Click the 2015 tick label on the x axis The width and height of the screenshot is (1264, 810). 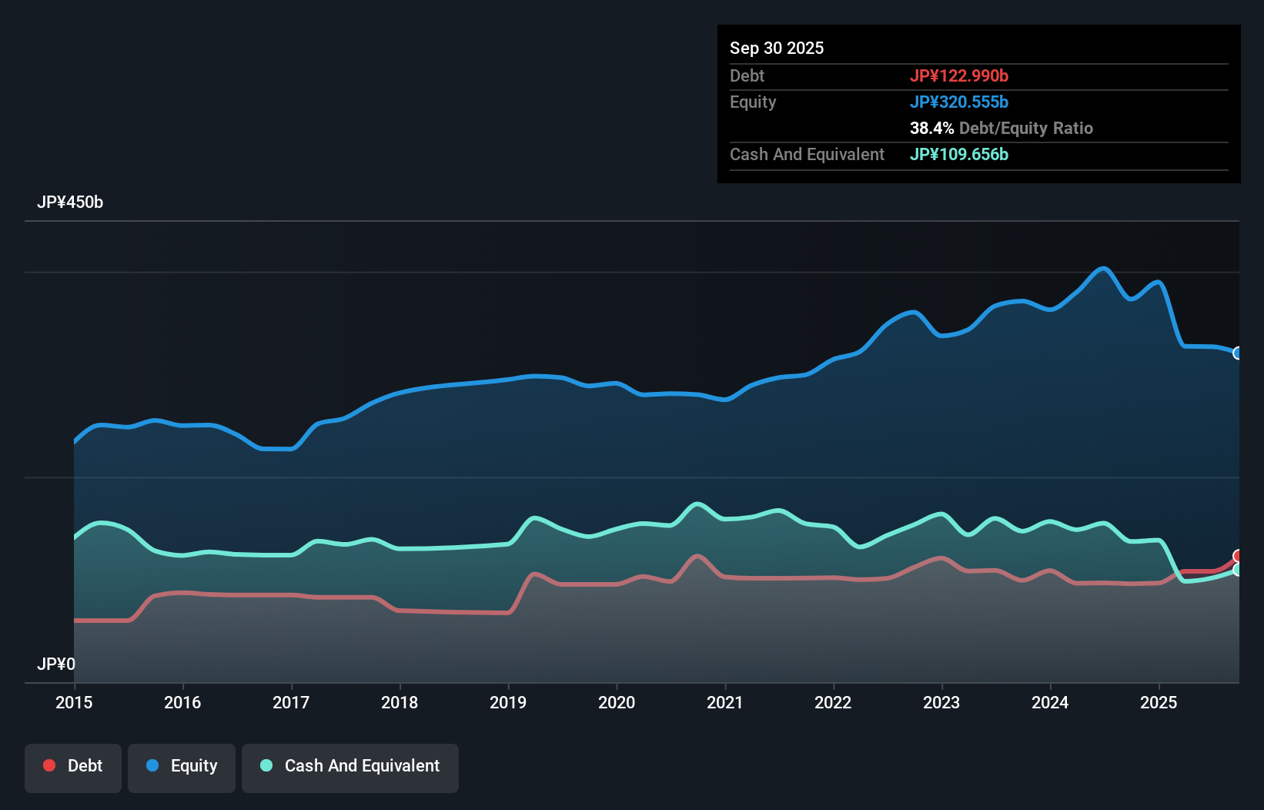[x=74, y=702]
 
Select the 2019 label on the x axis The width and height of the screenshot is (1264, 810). [x=508, y=702]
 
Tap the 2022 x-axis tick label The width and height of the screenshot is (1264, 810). [x=833, y=702]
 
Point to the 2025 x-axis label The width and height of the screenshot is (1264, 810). [x=1159, y=702]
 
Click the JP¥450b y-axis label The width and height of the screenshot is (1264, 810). [x=70, y=202]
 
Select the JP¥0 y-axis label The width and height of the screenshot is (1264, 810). [x=56, y=664]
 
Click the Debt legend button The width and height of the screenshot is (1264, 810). [x=73, y=766]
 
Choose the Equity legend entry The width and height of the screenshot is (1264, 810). [x=182, y=766]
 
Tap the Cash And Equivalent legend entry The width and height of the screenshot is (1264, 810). [x=350, y=766]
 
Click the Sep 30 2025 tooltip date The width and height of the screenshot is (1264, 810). [x=777, y=48]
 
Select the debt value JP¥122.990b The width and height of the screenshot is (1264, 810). [x=959, y=75]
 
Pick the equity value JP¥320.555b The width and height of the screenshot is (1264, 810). [x=959, y=102]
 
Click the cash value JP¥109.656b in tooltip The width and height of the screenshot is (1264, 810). [x=959, y=154]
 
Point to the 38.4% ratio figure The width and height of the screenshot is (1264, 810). [x=931, y=128]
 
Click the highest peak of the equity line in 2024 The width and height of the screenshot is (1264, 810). [x=1104, y=268]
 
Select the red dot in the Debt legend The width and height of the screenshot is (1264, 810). [x=49, y=765]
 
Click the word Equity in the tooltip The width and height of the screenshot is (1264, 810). [x=753, y=102]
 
